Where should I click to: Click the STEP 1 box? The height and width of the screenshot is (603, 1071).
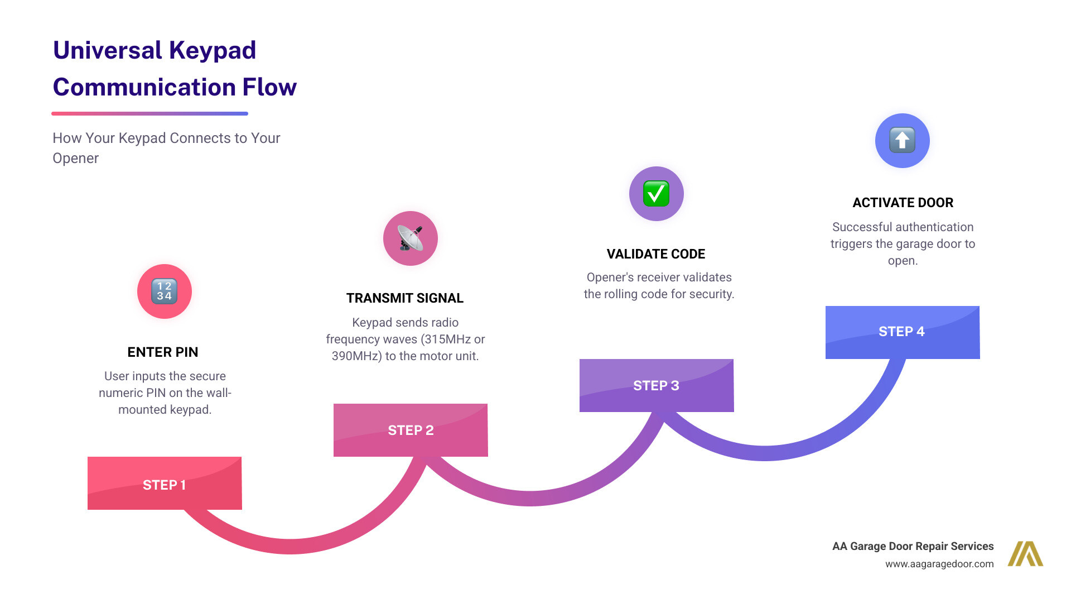[x=165, y=484]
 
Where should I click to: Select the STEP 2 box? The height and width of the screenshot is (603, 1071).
[x=411, y=430]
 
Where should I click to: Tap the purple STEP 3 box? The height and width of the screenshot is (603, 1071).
[x=656, y=385]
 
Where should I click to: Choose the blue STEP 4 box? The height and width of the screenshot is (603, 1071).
[x=902, y=332]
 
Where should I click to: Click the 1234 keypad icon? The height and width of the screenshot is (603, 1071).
[x=165, y=291]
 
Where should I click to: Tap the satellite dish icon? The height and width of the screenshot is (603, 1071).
[x=411, y=238]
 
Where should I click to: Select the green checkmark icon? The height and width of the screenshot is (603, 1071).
[x=656, y=194]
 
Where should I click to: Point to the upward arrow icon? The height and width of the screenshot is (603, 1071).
[x=902, y=140]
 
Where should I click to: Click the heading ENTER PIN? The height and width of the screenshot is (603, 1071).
[x=163, y=352]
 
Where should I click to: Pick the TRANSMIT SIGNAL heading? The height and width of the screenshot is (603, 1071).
[x=405, y=298]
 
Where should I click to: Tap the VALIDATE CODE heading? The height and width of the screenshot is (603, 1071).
[x=656, y=254]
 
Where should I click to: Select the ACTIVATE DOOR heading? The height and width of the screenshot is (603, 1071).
[x=903, y=203]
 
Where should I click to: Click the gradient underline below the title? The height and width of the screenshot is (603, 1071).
[x=149, y=113]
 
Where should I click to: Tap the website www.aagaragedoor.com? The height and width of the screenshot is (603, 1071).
[x=939, y=564]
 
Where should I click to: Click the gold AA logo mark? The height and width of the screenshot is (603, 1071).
[x=1025, y=554]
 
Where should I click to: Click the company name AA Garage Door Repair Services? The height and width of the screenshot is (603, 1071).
[x=913, y=546]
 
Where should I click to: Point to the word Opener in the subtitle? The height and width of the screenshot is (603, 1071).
[x=76, y=159]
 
